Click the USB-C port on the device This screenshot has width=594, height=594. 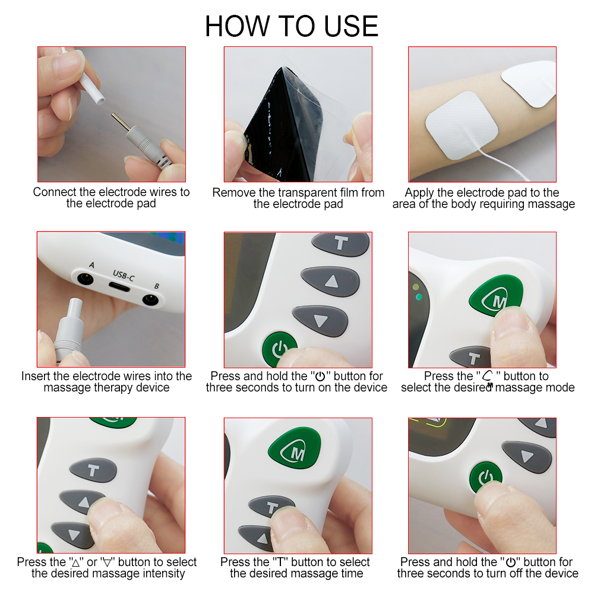pos(119,287)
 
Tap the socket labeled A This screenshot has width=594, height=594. pos(85,279)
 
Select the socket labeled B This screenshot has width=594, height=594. pos(150,300)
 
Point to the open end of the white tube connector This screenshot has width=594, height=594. pos(100,101)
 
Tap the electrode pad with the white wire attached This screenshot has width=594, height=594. pos(462,124)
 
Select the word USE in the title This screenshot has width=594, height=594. pos(351,26)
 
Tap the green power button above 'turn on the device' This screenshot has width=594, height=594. pos(279,349)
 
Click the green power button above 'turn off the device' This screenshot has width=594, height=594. pos(485,478)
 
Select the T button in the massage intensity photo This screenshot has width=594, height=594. pos(93,470)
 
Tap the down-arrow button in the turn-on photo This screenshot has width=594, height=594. pos(320,321)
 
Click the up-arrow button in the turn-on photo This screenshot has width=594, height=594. pos(330,281)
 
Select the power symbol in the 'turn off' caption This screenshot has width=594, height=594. pos(511,562)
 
